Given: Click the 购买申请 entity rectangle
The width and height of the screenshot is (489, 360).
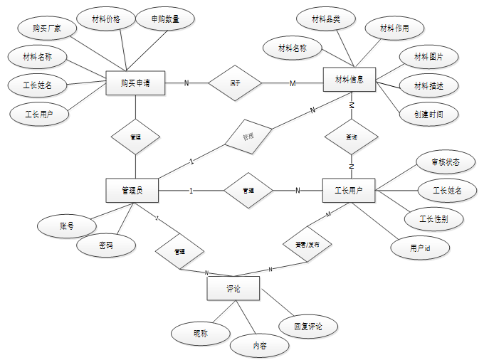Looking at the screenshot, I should pyautogui.click(x=135, y=83).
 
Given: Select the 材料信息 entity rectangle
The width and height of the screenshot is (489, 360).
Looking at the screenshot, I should pyautogui.click(x=349, y=80).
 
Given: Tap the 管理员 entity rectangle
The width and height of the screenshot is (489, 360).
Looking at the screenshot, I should pyautogui.click(x=132, y=190).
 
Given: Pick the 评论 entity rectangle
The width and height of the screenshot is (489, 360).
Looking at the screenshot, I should pyautogui.click(x=233, y=289).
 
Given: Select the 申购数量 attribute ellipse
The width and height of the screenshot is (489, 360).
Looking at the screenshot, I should pyautogui.click(x=165, y=19).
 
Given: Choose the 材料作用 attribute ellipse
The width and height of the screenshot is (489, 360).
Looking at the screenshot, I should pyautogui.click(x=394, y=29).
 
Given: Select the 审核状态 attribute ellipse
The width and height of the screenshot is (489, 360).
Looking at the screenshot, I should pyautogui.click(x=435, y=162).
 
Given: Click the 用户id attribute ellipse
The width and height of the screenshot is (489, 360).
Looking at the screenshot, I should pyautogui.click(x=419, y=247).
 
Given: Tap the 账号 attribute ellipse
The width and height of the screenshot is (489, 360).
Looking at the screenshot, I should pyautogui.click(x=67, y=226).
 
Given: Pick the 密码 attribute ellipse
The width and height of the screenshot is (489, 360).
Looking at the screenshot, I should pyautogui.click(x=105, y=246).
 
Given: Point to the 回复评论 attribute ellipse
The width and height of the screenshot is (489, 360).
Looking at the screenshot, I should pyautogui.click(x=307, y=327).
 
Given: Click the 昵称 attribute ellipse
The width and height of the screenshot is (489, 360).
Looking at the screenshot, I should pyautogui.click(x=201, y=332).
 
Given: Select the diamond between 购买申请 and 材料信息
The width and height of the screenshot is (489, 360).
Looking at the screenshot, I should pyautogui.click(x=235, y=83).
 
